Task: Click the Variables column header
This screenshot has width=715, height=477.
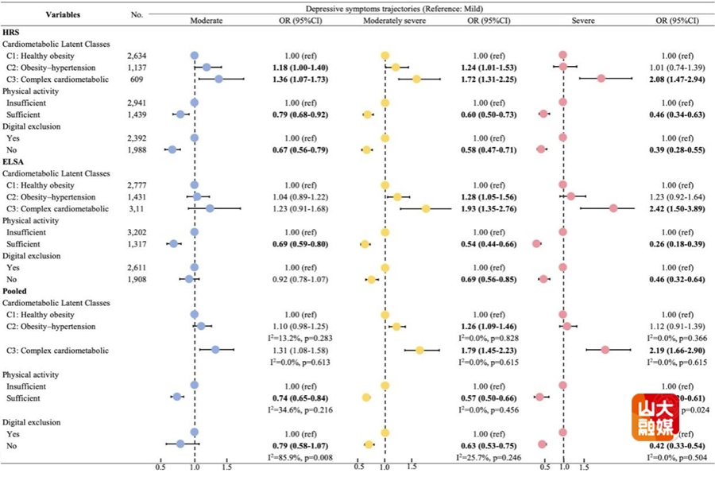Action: coord(63,15)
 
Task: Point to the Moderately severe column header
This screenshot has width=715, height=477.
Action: coord(384,21)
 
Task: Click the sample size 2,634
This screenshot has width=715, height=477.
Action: coord(138,56)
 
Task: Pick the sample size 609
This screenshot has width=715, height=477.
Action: coord(138,79)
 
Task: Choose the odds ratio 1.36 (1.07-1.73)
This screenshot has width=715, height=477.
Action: coord(300,79)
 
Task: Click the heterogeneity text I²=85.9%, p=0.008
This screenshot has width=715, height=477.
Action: coord(300,457)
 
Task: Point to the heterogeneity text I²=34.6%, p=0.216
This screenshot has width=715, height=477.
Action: coord(300,409)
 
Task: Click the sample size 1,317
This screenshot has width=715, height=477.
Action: coord(138,244)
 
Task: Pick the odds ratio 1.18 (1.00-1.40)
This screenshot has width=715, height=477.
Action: coord(300,68)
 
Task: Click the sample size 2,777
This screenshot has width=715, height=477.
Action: coord(138,185)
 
